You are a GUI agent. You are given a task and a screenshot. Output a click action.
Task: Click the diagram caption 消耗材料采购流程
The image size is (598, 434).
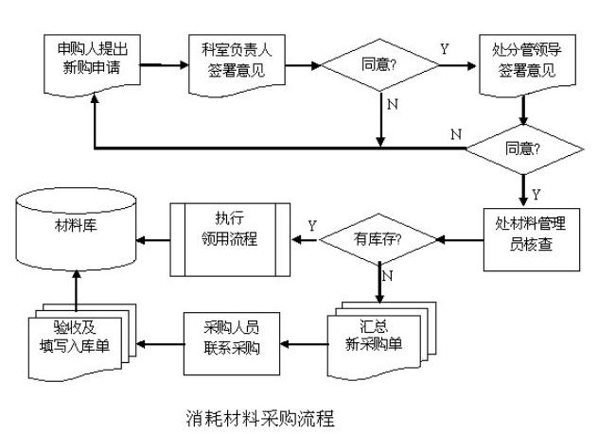pyautogui.click(x=256, y=417)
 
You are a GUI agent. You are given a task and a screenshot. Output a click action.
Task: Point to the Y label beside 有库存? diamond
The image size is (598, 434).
pyautogui.click(x=311, y=226)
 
